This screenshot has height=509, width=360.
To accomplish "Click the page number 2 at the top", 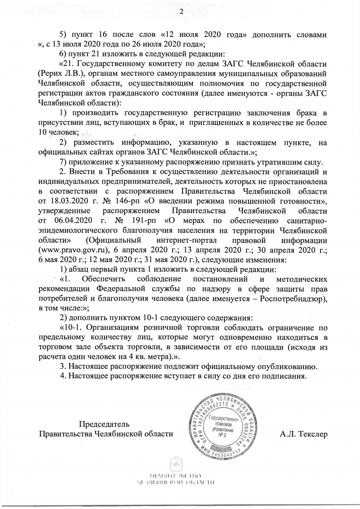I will tap(181, 11).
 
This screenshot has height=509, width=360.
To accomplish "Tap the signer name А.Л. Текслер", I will tap(303, 434).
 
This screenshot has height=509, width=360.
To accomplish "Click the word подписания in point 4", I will tap(283, 376).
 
